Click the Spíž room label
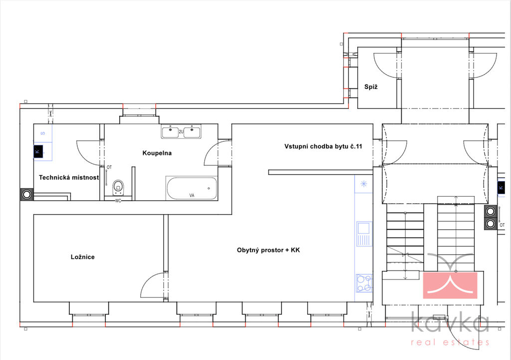point(371,87)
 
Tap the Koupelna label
point(157,153)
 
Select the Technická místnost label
point(69,177)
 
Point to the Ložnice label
point(83,257)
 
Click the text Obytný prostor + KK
point(268,250)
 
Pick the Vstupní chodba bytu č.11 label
point(323,146)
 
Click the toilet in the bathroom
point(118,188)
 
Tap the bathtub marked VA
point(192,188)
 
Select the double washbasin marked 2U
point(181,131)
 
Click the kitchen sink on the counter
point(364,234)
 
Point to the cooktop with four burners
point(364,283)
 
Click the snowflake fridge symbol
point(364,184)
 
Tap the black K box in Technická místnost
point(38,151)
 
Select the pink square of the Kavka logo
point(450,285)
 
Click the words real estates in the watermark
point(450,342)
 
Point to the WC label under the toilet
point(118,201)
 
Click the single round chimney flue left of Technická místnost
point(27,195)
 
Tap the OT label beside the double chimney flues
point(502,225)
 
